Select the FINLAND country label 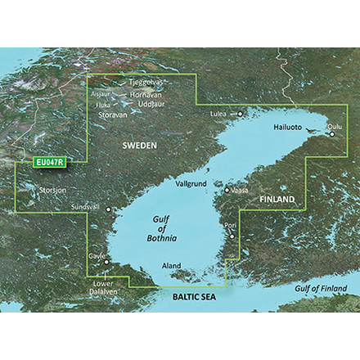(x=277, y=200)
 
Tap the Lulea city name (x=218, y=114)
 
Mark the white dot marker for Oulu (x=331, y=135)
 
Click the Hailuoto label (x=292, y=127)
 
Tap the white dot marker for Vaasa (x=227, y=191)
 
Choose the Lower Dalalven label (x=101, y=289)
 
